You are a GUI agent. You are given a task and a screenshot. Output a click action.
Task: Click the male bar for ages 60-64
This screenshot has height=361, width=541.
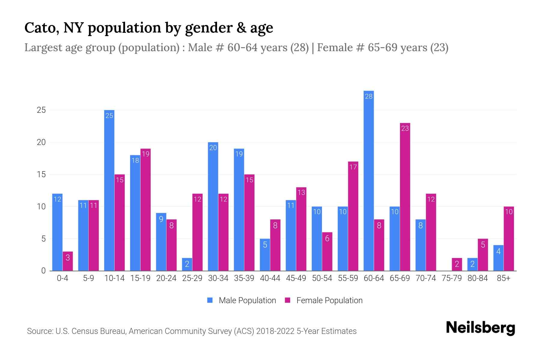point(368,180)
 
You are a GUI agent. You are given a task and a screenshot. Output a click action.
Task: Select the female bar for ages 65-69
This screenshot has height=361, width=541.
point(405,197)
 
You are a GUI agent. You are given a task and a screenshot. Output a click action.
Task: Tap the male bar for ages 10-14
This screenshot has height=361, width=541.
point(109,190)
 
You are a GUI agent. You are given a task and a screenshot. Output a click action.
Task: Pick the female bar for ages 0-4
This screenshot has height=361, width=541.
point(68,261)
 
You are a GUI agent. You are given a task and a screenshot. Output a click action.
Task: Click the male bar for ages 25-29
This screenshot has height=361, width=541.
point(187,264)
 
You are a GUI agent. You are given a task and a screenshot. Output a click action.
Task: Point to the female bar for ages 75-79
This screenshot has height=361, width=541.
point(457,264)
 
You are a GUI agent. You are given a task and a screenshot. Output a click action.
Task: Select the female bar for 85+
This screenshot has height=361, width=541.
point(509,239)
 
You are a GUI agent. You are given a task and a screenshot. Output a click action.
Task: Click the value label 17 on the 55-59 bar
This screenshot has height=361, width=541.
point(353,167)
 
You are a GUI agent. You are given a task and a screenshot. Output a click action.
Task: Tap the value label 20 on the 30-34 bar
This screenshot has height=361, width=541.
point(213,148)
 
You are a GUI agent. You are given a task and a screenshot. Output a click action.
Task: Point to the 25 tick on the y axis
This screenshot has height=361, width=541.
point(41,110)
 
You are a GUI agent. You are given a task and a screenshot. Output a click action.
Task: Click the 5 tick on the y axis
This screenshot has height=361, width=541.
point(43,239)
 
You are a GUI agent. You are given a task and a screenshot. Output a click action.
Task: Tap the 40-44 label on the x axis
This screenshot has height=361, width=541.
point(270,278)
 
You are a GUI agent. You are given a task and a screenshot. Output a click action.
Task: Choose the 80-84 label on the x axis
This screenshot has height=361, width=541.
point(477,278)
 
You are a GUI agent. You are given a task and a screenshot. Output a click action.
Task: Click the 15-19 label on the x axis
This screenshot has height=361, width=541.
point(140,278)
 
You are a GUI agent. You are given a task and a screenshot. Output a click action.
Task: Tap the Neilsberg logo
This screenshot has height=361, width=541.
point(480,328)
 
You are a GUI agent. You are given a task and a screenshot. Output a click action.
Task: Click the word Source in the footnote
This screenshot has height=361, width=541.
point(39,331)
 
